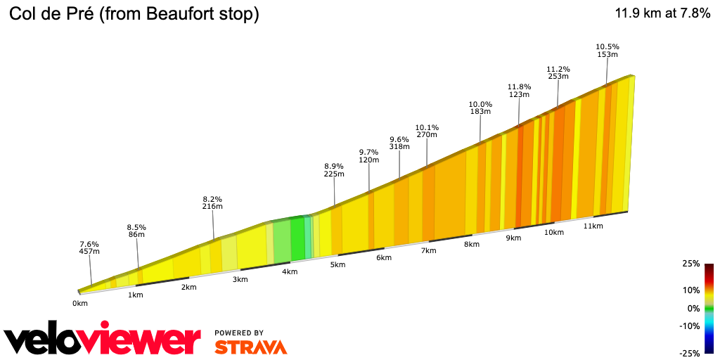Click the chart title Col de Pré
coord(134,14)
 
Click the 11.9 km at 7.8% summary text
coord(662,13)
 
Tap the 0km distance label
coord(79,304)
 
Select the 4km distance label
coord(289,272)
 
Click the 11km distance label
coord(593,226)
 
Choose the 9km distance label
coord(513,238)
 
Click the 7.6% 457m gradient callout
coord(89,247)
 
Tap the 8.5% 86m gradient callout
coord(136,231)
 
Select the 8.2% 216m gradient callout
coord(212,202)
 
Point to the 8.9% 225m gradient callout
coord(334,170)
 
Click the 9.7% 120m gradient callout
coord(368,156)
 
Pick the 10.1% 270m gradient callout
coord(427,131)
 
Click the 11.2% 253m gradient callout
coord(558,73)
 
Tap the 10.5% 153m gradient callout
coord(607,51)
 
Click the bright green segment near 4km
coord(297,238)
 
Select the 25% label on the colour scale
coord(691,264)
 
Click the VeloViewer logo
coord(103,340)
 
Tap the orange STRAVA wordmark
coord(250,347)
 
